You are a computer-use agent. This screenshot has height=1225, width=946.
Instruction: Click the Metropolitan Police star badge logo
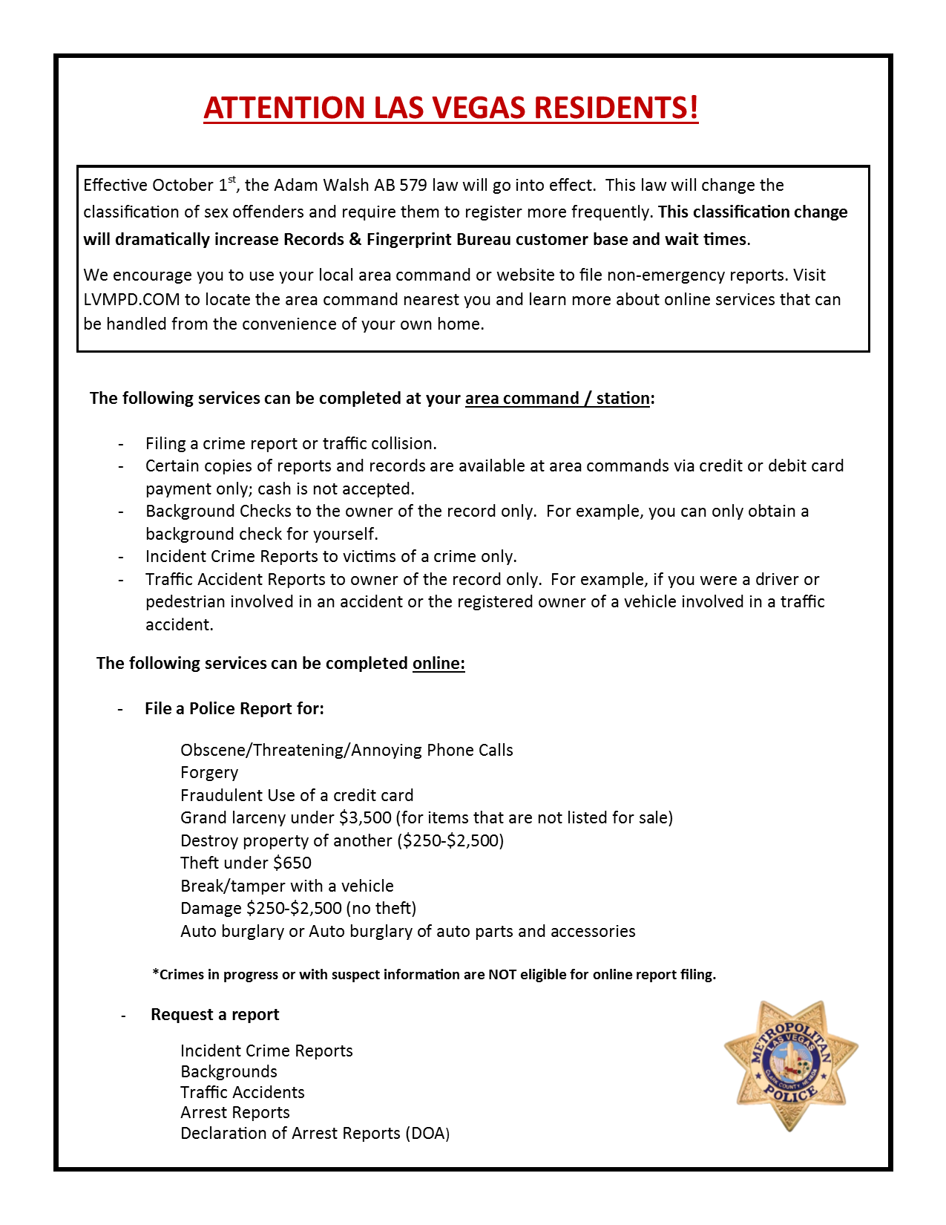click(x=790, y=1065)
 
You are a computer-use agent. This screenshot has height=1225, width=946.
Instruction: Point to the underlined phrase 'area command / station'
click(x=557, y=399)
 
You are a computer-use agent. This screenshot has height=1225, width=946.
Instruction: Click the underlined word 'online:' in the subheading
click(x=438, y=664)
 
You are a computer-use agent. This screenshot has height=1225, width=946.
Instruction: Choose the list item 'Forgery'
click(x=209, y=773)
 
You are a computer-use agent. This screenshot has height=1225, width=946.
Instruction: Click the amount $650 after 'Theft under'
click(x=292, y=863)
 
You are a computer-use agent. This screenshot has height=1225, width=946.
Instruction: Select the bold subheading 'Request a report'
click(x=215, y=1015)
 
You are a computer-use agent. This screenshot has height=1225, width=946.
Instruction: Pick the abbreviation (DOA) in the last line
click(x=427, y=1134)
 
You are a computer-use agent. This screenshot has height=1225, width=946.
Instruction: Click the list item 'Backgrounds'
click(x=229, y=1072)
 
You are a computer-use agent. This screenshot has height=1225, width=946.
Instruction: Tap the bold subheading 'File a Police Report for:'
click(x=234, y=709)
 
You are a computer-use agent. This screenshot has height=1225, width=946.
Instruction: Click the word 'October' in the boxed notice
click(x=183, y=186)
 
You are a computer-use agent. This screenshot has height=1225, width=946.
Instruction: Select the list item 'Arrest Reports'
click(x=235, y=1113)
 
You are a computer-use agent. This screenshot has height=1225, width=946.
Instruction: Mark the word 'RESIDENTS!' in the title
click(x=617, y=108)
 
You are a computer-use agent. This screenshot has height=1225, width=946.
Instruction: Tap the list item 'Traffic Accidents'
click(x=243, y=1093)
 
